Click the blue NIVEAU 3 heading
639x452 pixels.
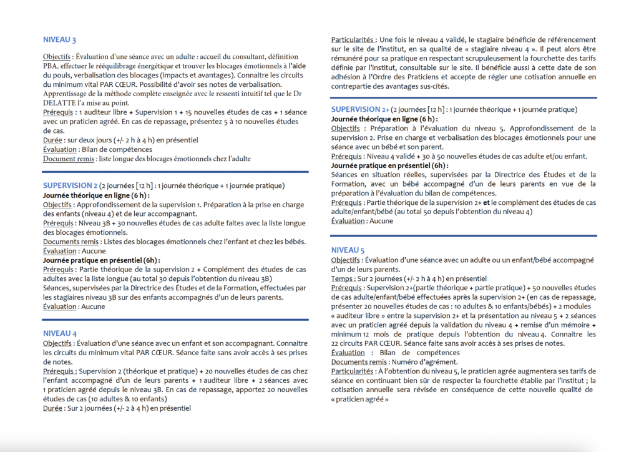[59, 40]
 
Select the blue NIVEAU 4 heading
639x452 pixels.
[59, 333]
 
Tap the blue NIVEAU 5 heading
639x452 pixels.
[348, 250]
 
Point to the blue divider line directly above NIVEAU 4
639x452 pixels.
[175, 320]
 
